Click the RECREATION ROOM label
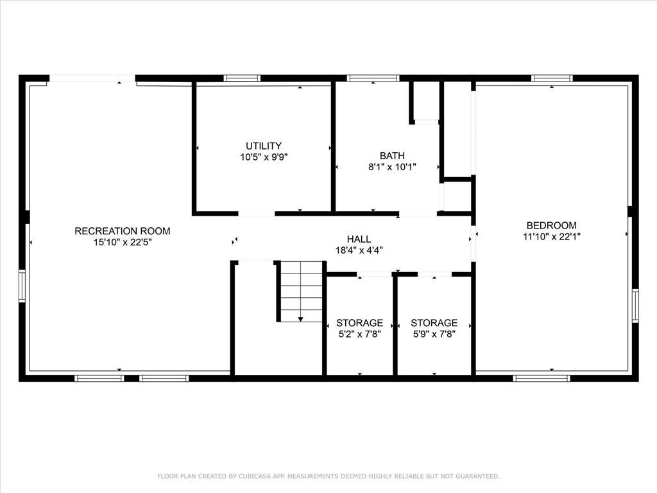coord(123,230)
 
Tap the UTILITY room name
coord(264,146)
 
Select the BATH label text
coord(392,155)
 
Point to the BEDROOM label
coord(551,225)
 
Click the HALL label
coord(359,239)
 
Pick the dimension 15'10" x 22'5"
coord(123,242)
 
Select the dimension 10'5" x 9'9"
coord(264,157)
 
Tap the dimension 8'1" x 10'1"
coord(392,167)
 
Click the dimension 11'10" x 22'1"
coord(551,236)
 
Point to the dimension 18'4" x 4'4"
coord(359,250)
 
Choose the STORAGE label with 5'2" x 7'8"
coord(359,323)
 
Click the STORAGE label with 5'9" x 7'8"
coord(434,323)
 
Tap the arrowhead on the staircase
coord(300,320)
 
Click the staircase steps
coord(302,291)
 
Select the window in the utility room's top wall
coord(242,78)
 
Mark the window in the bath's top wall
coord(373,78)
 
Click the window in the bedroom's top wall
coord(552,78)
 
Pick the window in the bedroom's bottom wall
coord(542,378)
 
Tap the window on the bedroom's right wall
coord(635,306)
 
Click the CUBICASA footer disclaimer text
coord(328,476)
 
